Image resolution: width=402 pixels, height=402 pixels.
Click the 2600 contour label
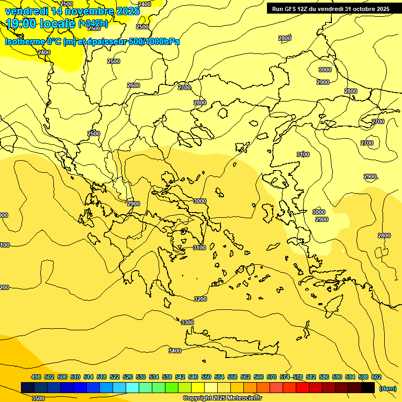(x=133, y=85)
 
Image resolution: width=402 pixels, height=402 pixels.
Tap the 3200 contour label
(x=200, y=299)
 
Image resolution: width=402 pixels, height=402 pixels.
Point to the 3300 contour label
(x=187, y=322)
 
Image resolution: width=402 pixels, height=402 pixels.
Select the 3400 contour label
(x=175, y=351)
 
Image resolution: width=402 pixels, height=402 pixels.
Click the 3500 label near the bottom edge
(x=38, y=398)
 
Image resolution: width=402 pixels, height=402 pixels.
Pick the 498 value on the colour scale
(x=36, y=377)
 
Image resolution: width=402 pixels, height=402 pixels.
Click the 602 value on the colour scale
(x=376, y=377)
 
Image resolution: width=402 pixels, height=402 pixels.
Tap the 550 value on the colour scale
(x=206, y=377)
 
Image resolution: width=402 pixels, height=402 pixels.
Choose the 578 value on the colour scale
(x=298, y=377)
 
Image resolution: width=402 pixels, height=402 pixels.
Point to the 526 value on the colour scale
(x=128, y=377)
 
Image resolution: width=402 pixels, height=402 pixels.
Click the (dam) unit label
(x=387, y=388)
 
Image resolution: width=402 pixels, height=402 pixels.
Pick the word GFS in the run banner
(x=292, y=9)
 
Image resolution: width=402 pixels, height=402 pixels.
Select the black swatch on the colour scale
(x=368, y=387)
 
